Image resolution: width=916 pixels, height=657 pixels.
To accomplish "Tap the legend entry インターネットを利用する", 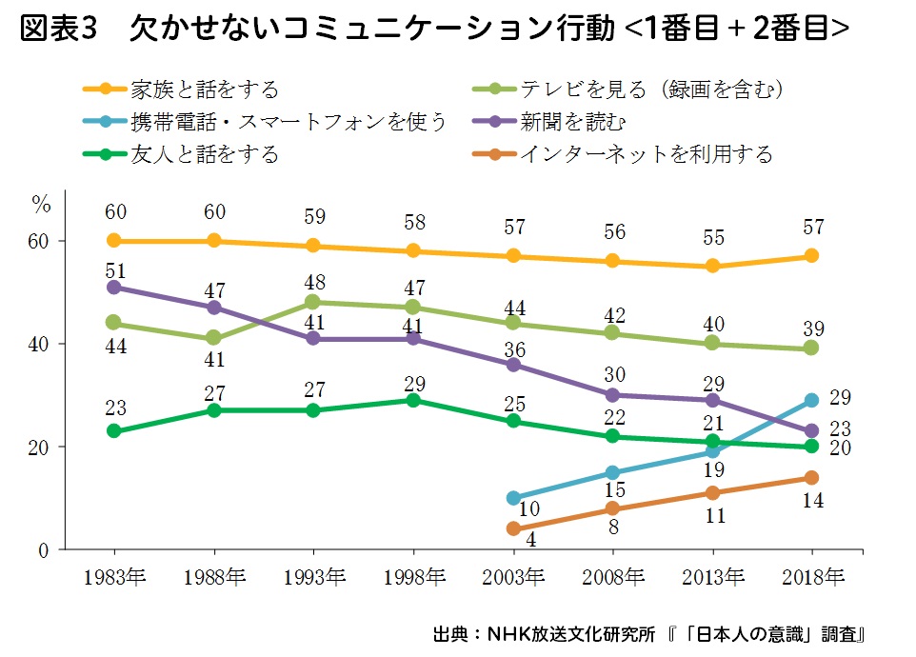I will click(x=646, y=153).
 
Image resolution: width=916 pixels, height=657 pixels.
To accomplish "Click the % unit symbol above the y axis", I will click(x=41, y=203).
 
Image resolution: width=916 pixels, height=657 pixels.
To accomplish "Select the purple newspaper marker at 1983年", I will click(x=114, y=287).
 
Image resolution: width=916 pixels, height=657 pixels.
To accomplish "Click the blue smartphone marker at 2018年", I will click(x=811, y=400).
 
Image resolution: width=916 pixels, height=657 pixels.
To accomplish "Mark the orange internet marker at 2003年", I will click(x=513, y=528).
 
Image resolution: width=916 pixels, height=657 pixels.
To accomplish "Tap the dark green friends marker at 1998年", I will click(x=413, y=400).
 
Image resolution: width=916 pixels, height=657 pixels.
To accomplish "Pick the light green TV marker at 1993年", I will click(x=313, y=303).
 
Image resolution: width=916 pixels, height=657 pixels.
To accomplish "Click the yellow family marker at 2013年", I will click(x=712, y=267).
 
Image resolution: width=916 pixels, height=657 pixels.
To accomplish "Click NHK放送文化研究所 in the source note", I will click(x=571, y=634).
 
